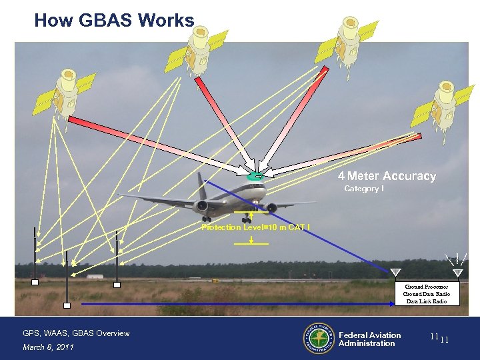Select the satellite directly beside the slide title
(x=200, y=43)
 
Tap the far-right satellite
(x=442, y=103)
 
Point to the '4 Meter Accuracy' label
(x=387, y=177)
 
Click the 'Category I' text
(x=363, y=189)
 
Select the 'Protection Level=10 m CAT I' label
(x=255, y=227)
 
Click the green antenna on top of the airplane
(x=255, y=177)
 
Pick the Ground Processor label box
(x=427, y=294)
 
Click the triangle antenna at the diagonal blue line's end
(x=395, y=271)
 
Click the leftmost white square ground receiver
(x=35, y=283)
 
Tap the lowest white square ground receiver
(x=67, y=305)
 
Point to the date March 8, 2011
(x=48, y=347)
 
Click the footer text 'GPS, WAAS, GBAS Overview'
(x=76, y=333)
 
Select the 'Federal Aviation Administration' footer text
(x=369, y=339)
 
